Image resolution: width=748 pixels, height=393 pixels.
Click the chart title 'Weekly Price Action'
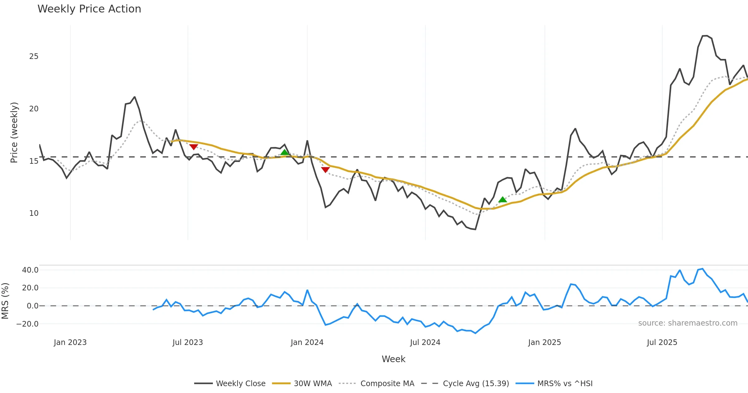coord(89,9)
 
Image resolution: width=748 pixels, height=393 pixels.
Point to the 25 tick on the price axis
coord(34,56)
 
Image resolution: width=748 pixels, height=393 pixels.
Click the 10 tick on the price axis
coord(34,213)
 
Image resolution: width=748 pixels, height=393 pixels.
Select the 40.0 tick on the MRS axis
coord(30,270)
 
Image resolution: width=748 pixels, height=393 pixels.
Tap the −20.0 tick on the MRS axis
coord(27,324)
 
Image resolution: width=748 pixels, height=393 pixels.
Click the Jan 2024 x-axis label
coord(307,342)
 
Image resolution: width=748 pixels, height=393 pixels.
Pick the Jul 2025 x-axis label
coord(662,342)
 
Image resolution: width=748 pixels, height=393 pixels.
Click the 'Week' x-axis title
coord(393,359)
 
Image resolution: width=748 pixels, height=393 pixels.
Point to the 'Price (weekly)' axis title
coord(14,133)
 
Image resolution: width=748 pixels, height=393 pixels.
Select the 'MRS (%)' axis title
coord(5,301)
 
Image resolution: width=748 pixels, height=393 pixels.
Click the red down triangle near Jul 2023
coord(194,147)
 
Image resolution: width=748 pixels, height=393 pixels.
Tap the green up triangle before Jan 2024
coord(285,152)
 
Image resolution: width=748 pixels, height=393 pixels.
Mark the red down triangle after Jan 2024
coord(325,169)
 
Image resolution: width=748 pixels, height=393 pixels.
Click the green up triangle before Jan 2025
coord(502,200)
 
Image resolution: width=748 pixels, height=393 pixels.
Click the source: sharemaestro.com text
coord(688,323)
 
